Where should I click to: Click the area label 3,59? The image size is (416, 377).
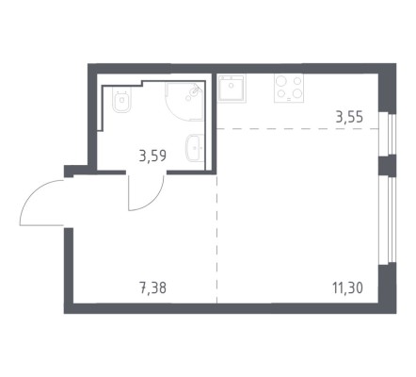152,156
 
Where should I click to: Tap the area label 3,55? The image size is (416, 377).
349,118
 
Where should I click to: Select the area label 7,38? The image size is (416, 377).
152,287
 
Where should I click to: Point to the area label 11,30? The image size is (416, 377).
347,287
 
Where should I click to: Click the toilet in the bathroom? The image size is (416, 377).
121,100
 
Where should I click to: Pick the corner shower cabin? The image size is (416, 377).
184,102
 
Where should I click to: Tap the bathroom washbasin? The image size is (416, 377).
195,148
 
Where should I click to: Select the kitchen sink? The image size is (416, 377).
232,88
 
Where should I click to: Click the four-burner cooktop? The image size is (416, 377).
289,88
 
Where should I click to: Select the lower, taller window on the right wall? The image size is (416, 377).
388,220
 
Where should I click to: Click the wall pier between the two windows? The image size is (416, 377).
388,165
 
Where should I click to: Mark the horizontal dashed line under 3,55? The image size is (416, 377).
297,128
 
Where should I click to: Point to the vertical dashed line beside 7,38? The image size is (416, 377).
216,238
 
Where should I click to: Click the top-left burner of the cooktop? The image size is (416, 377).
281,80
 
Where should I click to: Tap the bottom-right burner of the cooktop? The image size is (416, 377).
296,93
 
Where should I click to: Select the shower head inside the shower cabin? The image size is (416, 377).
196,90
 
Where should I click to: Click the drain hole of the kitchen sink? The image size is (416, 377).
232,85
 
